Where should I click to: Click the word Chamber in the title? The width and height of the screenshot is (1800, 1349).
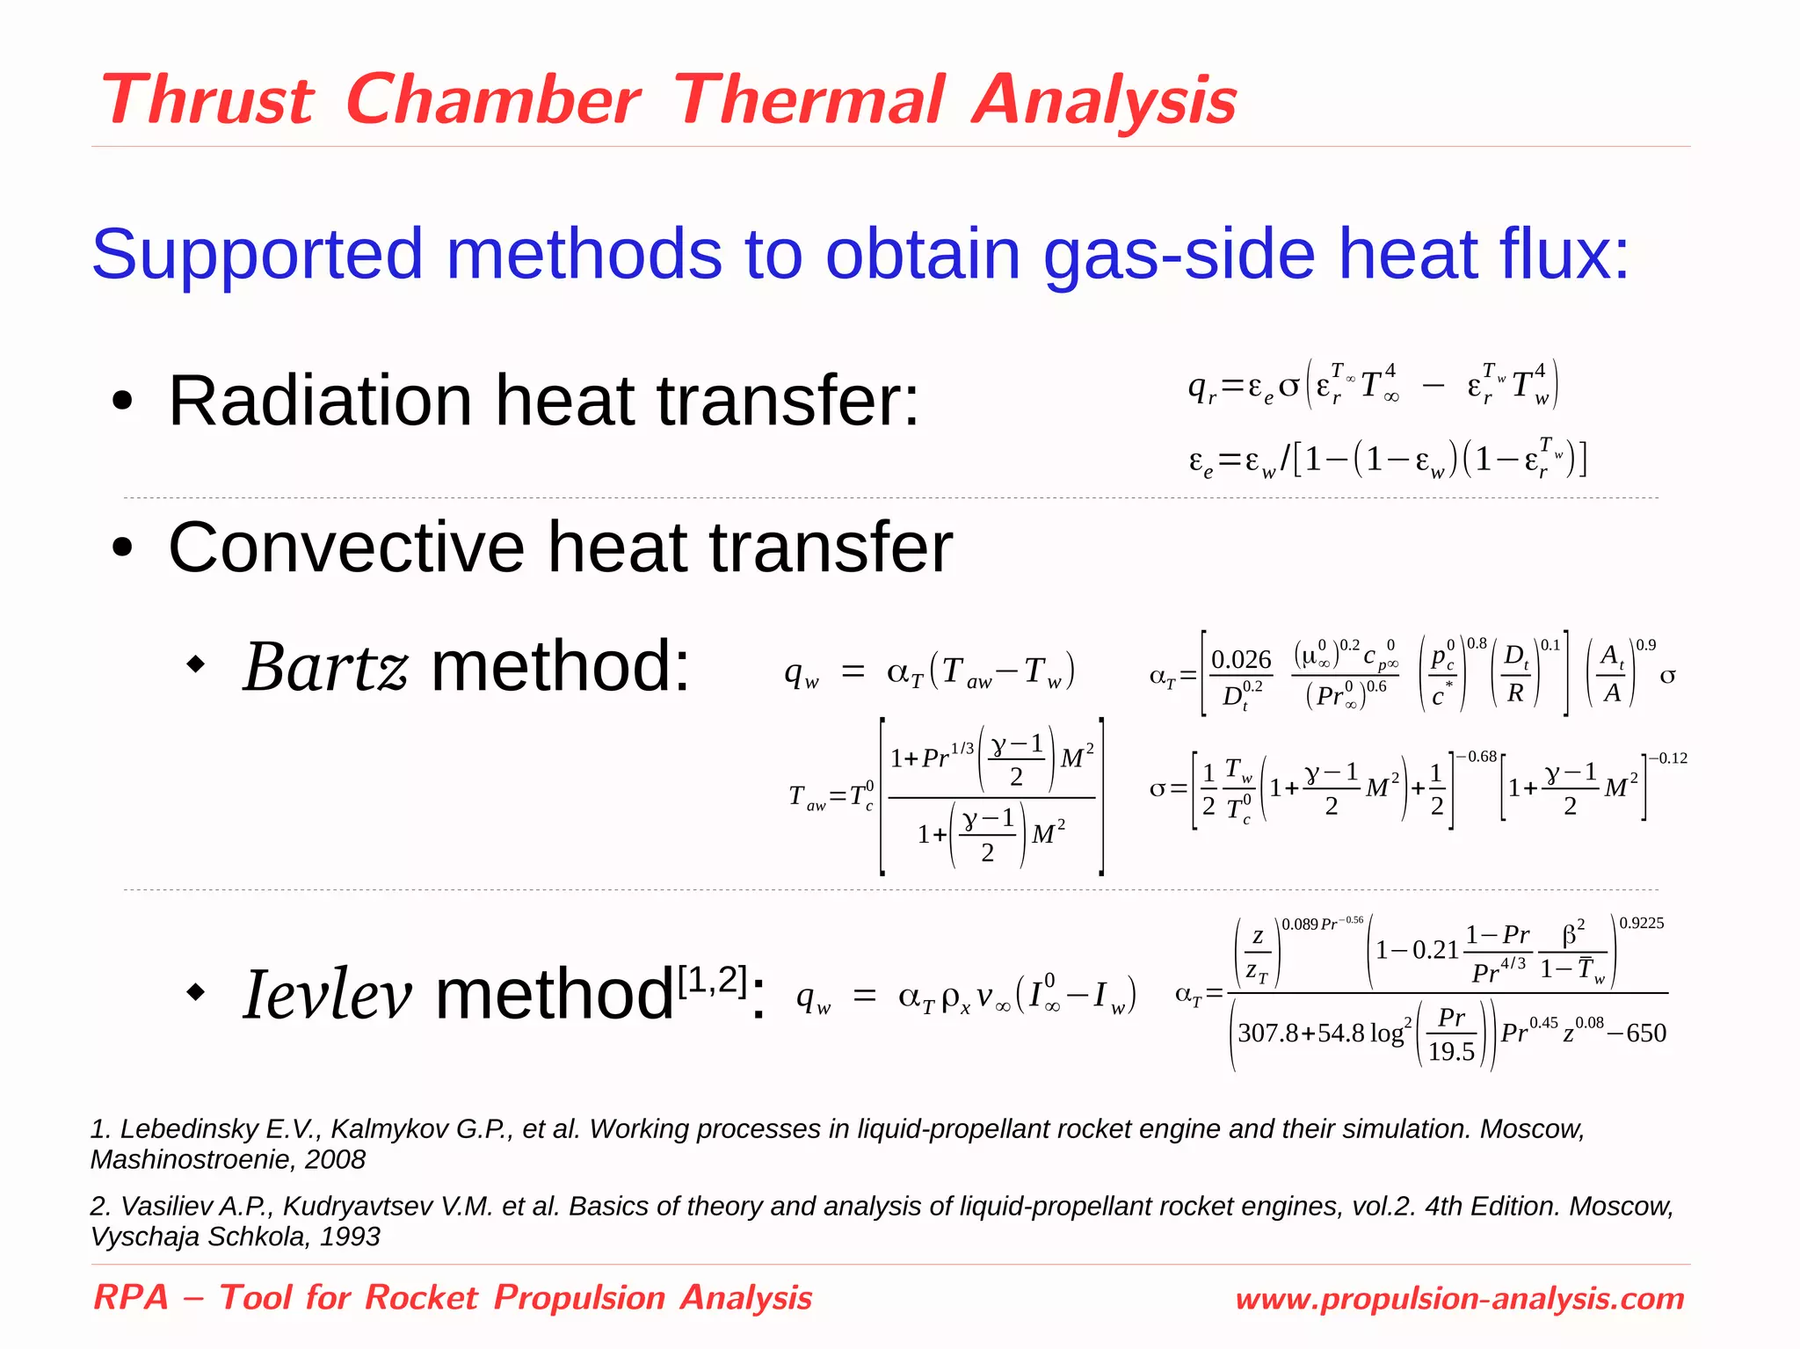(493, 100)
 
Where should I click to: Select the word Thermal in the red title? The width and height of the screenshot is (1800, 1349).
(809, 100)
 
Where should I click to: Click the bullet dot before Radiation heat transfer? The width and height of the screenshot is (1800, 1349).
(123, 403)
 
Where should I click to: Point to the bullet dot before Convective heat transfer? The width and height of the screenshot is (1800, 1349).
(123, 548)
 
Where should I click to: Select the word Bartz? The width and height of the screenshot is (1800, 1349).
(325, 667)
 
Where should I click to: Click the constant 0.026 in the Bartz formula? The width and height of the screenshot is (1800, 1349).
(1241, 659)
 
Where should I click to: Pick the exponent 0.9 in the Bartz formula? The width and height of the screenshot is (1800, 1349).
(1645, 645)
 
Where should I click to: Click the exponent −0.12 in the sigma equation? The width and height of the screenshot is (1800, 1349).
(1667, 758)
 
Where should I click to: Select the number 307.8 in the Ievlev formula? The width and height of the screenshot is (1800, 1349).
(1267, 1034)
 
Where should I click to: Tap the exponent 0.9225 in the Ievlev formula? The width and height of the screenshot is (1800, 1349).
(1641, 924)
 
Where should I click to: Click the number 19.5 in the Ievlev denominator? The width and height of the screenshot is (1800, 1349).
(1451, 1051)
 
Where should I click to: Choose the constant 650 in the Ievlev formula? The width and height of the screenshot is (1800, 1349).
(1646, 1034)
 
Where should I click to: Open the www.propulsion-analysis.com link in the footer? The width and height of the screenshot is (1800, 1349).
(1459, 1299)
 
